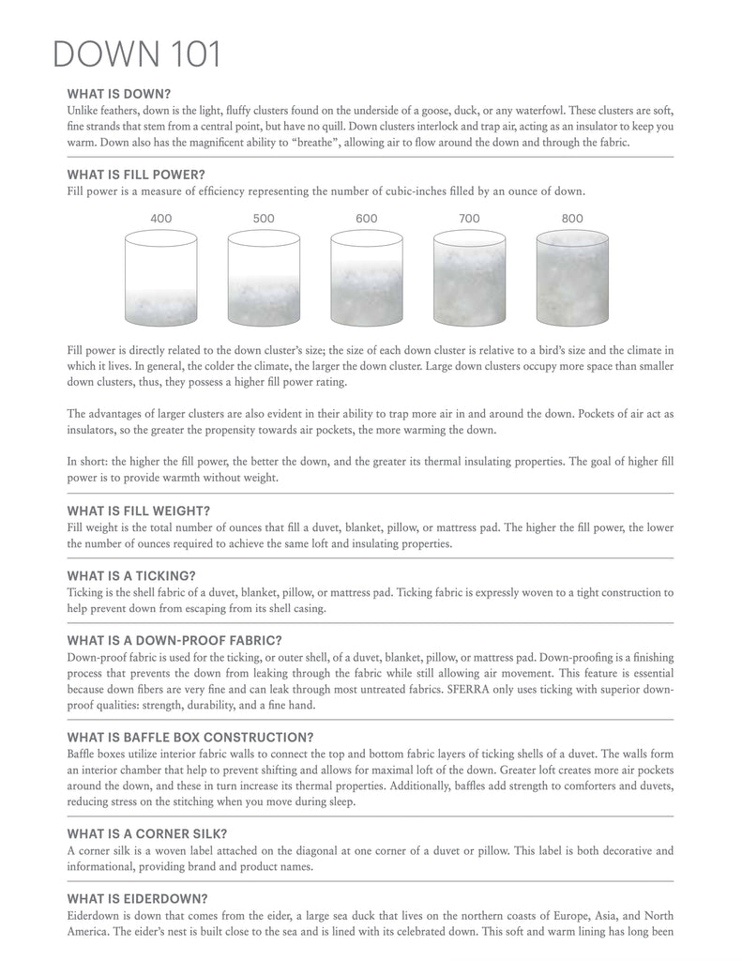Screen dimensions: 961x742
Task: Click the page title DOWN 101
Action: point(137,54)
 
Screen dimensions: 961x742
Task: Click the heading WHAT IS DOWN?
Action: point(118,94)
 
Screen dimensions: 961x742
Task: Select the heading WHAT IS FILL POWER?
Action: point(136,175)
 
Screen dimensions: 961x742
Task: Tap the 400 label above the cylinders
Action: point(160,219)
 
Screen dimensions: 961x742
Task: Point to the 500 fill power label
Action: point(264,219)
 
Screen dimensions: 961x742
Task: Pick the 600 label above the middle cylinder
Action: point(367,219)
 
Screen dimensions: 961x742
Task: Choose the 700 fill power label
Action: point(469,219)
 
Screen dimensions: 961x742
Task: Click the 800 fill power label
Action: point(572,219)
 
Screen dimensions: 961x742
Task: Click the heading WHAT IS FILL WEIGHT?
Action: point(138,511)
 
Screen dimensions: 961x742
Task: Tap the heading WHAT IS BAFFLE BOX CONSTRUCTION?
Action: point(190,738)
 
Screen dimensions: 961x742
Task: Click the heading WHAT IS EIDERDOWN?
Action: point(134,899)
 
